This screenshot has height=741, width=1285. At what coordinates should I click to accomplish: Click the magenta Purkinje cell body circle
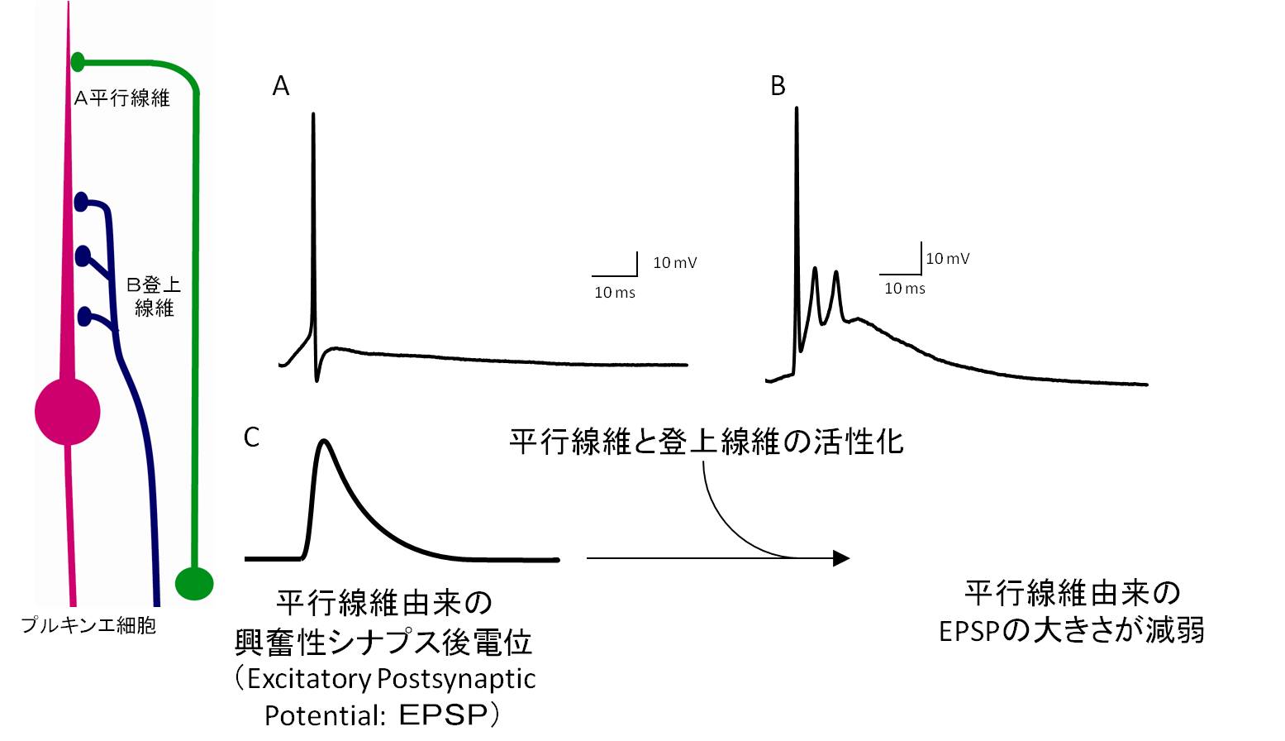click(68, 411)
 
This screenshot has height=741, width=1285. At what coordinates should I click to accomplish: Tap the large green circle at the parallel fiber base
click(195, 583)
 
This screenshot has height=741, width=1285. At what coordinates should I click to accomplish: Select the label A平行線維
click(121, 98)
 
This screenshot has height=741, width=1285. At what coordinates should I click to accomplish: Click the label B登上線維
click(154, 296)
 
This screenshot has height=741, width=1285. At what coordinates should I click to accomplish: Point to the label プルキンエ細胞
click(88, 625)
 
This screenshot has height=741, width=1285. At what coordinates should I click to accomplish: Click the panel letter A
click(281, 86)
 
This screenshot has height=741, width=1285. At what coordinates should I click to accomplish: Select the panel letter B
click(778, 86)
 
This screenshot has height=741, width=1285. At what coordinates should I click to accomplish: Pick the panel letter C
click(252, 437)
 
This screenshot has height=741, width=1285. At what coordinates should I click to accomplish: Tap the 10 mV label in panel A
click(674, 263)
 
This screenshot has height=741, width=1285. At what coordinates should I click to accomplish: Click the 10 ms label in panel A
click(615, 293)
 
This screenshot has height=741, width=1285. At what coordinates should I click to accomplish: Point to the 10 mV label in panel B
click(947, 259)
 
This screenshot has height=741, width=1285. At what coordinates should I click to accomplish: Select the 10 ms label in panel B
click(905, 289)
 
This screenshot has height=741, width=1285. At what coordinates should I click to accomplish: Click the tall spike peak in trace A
click(313, 116)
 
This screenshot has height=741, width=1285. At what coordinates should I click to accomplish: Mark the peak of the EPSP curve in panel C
click(325, 442)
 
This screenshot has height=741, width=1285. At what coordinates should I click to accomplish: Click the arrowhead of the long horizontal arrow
click(841, 558)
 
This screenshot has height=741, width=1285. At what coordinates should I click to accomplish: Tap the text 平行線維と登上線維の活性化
click(706, 442)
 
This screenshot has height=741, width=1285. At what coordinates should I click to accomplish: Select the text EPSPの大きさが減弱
click(1072, 631)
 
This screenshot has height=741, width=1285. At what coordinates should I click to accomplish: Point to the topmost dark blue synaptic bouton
click(81, 201)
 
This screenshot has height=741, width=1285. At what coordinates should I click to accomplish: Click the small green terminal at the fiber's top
click(78, 61)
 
